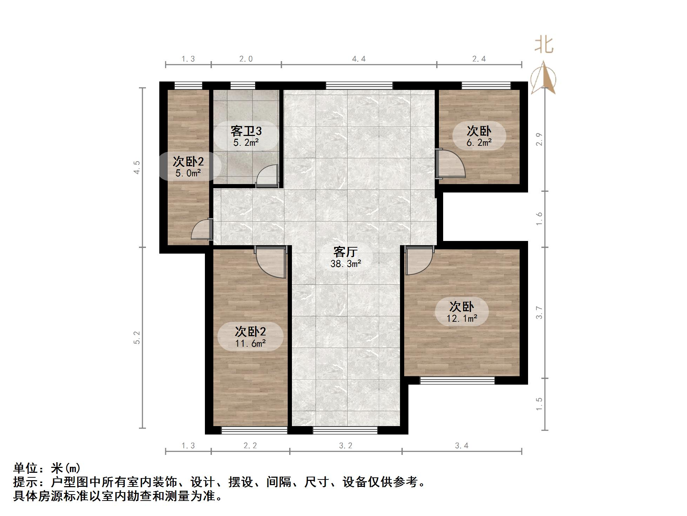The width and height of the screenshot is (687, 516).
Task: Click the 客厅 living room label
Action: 345,252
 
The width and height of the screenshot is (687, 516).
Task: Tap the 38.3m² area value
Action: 346,264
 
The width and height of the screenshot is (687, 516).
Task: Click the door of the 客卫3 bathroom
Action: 267,176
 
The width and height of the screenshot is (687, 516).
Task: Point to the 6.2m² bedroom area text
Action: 479,143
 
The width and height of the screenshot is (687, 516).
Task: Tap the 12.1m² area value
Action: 462,319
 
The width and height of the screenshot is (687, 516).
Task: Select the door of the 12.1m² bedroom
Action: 418,261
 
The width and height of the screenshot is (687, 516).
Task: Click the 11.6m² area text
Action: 250,343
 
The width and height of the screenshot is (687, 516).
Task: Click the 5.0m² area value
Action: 188,173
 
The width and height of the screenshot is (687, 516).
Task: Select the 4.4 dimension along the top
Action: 359,59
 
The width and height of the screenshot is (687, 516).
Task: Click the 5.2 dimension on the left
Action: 137,338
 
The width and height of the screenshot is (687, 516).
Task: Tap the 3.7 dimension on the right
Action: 539,313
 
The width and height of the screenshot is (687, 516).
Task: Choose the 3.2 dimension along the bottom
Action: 346,446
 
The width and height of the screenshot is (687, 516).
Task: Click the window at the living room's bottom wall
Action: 345,430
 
